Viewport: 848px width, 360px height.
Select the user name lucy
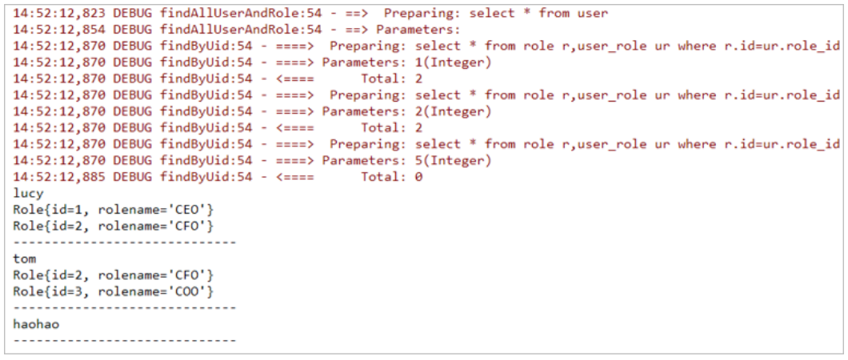click(x=29, y=194)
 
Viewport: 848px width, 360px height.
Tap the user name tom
click(x=25, y=258)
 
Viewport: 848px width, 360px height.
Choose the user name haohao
click(x=36, y=324)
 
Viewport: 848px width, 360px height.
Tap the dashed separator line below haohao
click(x=125, y=341)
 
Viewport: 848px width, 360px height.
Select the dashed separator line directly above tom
click(x=125, y=242)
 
